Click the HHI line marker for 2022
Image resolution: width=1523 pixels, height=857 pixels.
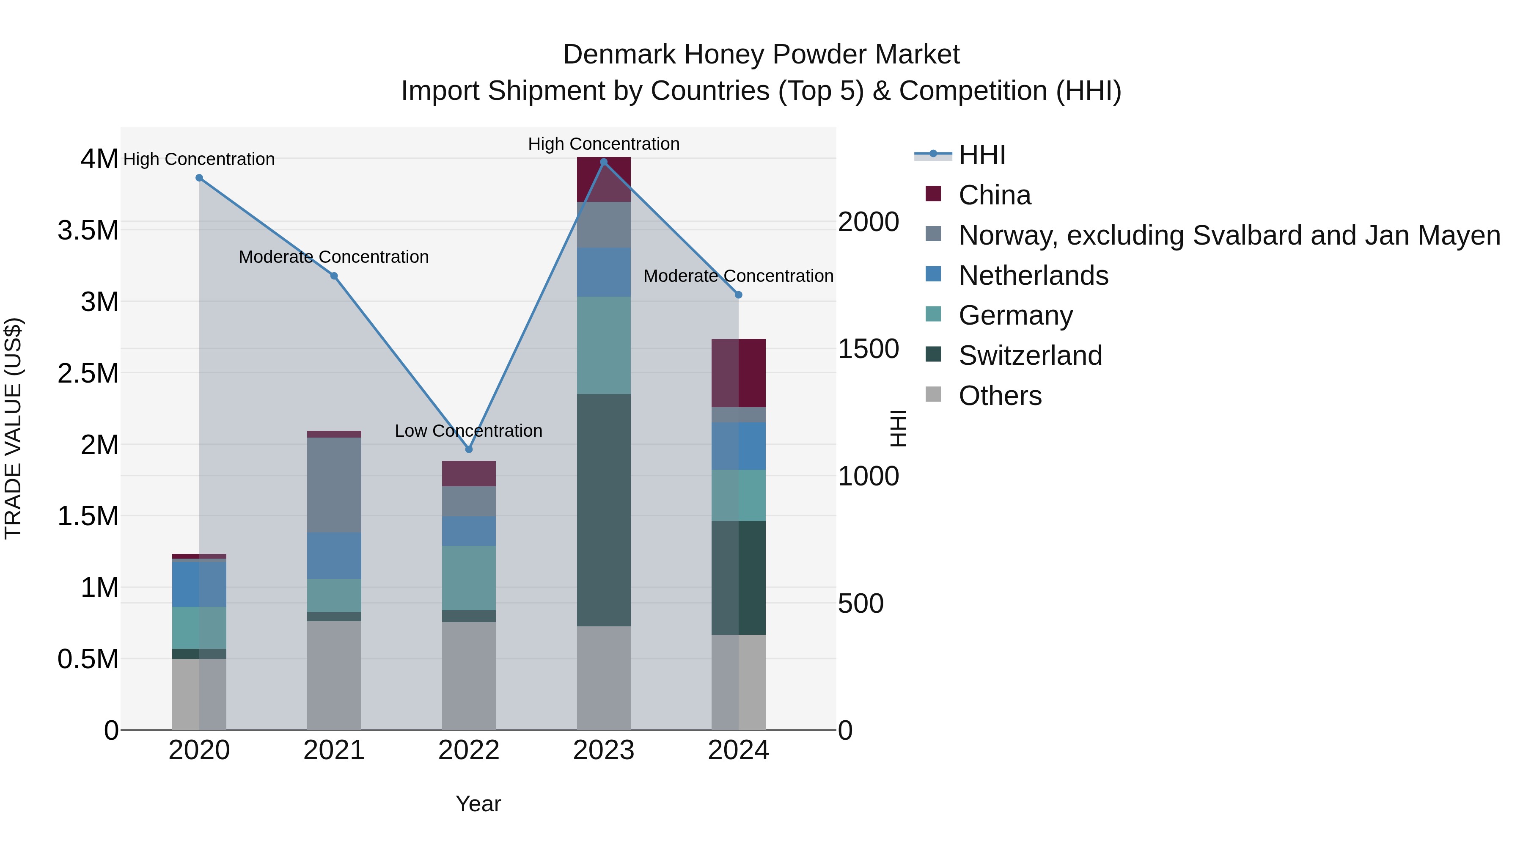point(469,449)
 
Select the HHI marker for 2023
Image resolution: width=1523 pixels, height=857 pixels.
point(604,162)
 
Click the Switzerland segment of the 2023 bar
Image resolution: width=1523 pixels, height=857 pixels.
point(604,510)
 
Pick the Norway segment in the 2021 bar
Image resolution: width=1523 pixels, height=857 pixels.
point(334,485)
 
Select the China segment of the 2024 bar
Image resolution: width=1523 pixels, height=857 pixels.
point(738,373)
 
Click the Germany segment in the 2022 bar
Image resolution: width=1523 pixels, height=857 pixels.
point(469,578)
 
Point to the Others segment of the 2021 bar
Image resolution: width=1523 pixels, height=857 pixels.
point(334,675)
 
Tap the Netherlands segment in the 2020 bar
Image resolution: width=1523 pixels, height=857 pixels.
point(199,584)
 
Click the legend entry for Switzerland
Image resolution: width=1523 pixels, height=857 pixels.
point(1030,355)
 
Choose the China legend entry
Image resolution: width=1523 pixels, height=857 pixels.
point(995,195)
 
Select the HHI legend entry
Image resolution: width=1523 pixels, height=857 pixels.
point(981,155)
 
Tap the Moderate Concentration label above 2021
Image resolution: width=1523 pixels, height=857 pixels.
point(333,257)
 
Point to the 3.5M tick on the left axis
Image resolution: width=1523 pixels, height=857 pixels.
point(88,230)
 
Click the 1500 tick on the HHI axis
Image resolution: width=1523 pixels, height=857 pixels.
point(868,349)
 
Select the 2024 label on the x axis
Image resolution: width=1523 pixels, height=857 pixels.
point(738,750)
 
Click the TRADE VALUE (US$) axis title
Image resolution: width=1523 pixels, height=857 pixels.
point(13,428)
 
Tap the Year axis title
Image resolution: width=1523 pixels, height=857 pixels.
point(478,804)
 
